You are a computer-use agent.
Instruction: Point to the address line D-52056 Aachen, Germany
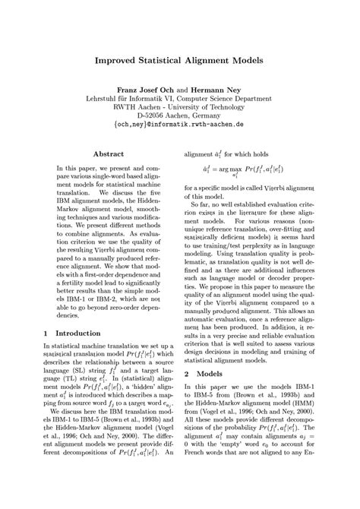[179, 110]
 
